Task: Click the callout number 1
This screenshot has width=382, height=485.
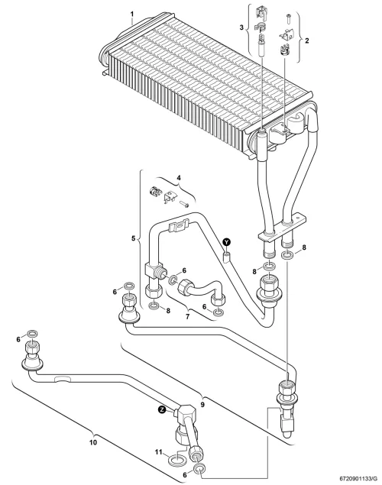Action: [x=132, y=15]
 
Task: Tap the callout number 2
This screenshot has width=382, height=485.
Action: [x=307, y=40]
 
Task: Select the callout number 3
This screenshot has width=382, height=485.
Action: [x=241, y=27]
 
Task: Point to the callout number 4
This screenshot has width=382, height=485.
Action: [x=179, y=178]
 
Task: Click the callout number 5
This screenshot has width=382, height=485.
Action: [x=134, y=238]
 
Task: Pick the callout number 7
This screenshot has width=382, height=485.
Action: [x=187, y=316]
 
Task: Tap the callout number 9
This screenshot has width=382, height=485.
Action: [x=202, y=404]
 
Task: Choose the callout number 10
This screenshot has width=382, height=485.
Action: [x=93, y=442]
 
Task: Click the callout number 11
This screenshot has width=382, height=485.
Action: [x=158, y=452]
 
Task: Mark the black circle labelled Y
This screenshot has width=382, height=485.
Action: [x=228, y=241]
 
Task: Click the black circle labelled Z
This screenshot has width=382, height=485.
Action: [x=161, y=410]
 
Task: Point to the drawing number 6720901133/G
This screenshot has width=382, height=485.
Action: [x=361, y=478]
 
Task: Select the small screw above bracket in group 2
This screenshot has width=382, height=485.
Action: [x=288, y=18]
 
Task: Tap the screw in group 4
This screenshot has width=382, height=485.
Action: [x=184, y=204]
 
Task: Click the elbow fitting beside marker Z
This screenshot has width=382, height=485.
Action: [x=186, y=413]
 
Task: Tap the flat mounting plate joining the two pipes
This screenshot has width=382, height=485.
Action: [x=282, y=228]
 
